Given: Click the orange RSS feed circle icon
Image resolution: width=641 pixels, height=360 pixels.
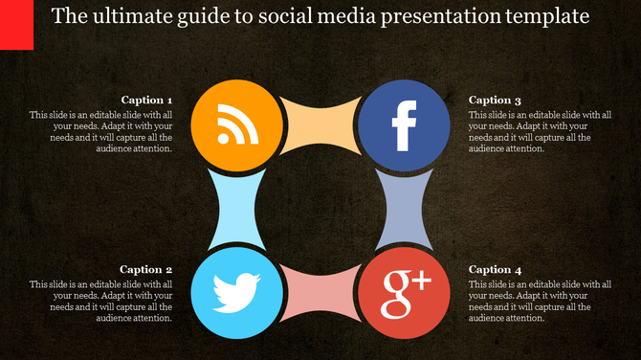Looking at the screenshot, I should [234, 124].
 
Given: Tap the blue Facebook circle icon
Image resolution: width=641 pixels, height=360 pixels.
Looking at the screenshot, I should [403, 124].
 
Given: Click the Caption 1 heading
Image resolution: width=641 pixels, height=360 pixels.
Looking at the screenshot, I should [146, 100].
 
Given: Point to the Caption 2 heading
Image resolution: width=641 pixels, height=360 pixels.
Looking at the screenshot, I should [146, 270].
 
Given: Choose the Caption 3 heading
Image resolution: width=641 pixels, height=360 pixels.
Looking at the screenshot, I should [495, 100].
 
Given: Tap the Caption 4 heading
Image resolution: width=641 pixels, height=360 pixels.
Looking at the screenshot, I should [495, 270].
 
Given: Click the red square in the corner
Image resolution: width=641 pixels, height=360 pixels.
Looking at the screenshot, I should [16, 24].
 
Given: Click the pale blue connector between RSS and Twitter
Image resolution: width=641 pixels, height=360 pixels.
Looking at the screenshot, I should [234, 209].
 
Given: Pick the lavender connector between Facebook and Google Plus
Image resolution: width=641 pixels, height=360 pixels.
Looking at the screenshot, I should [403, 209].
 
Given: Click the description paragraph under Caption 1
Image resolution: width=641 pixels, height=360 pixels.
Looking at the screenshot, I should [100, 131].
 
